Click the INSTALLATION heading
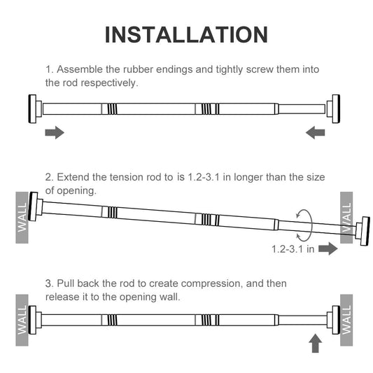click(x=186, y=35)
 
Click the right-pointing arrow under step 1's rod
click(x=55, y=132)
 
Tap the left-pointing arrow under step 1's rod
click(x=315, y=132)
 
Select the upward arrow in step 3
click(x=315, y=343)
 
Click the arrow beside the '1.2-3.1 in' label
click(x=328, y=248)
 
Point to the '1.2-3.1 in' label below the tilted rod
click(x=293, y=249)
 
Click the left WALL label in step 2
click(x=22, y=218)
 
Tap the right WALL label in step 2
click(x=346, y=218)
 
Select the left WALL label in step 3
click(x=22, y=320)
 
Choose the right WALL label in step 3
click(x=346, y=320)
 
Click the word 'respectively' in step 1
click(x=109, y=83)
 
